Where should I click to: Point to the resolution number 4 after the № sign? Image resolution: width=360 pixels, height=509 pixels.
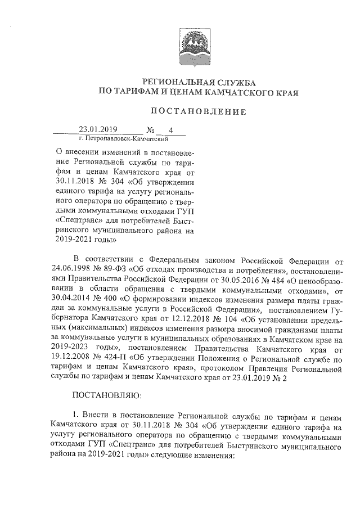(163, 130)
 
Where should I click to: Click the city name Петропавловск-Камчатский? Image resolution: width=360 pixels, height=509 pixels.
(120, 138)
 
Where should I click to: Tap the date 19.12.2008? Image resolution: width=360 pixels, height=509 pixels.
(72, 357)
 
